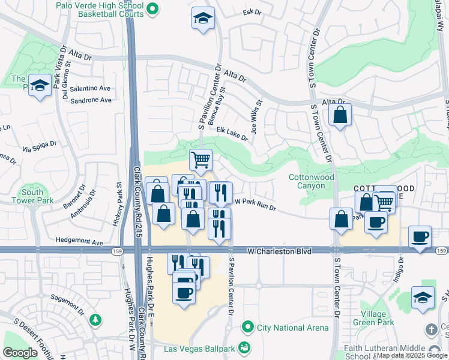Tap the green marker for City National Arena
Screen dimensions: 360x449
pyautogui.click(x=246, y=328)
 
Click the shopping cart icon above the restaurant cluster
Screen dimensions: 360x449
pyautogui.click(x=200, y=160)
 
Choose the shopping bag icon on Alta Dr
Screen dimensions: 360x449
pyautogui.click(x=340, y=116)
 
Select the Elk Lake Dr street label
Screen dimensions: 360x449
pyautogui.click(x=232, y=134)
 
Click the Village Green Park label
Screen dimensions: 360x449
pyautogui.click(x=378, y=318)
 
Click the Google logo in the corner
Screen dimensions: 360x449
pyautogui.click(x=20, y=352)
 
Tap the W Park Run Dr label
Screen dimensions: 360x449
pyautogui.click(x=255, y=205)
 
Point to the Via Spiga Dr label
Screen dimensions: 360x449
pyautogui.click(x=39, y=145)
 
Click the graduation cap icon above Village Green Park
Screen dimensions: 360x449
pyautogui.click(x=423, y=297)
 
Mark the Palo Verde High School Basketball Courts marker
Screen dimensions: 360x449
pyautogui.click(x=152, y=8)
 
